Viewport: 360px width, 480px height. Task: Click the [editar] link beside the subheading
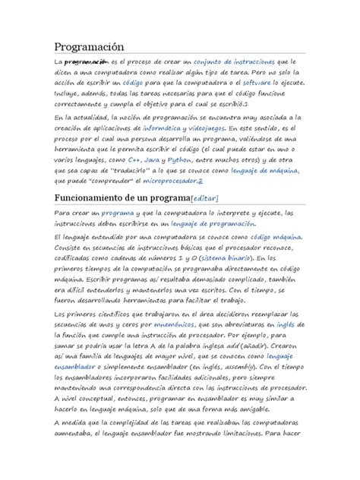206,200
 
